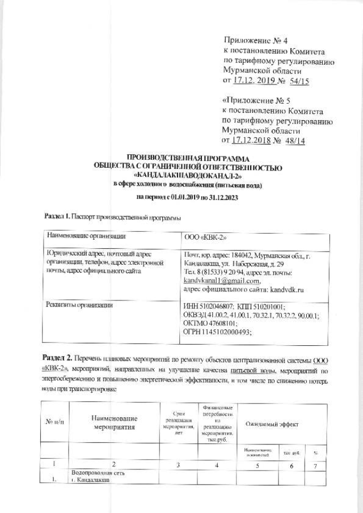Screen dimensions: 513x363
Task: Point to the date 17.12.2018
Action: pos(255,141)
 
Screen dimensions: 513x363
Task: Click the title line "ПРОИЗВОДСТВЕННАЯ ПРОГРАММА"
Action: pos(188,158)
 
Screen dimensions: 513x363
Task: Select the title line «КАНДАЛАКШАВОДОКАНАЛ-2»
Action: pos(188,175)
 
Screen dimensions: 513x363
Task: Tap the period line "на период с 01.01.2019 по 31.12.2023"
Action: pos(188,196)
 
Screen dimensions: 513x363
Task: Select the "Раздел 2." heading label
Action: pos(57,354)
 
